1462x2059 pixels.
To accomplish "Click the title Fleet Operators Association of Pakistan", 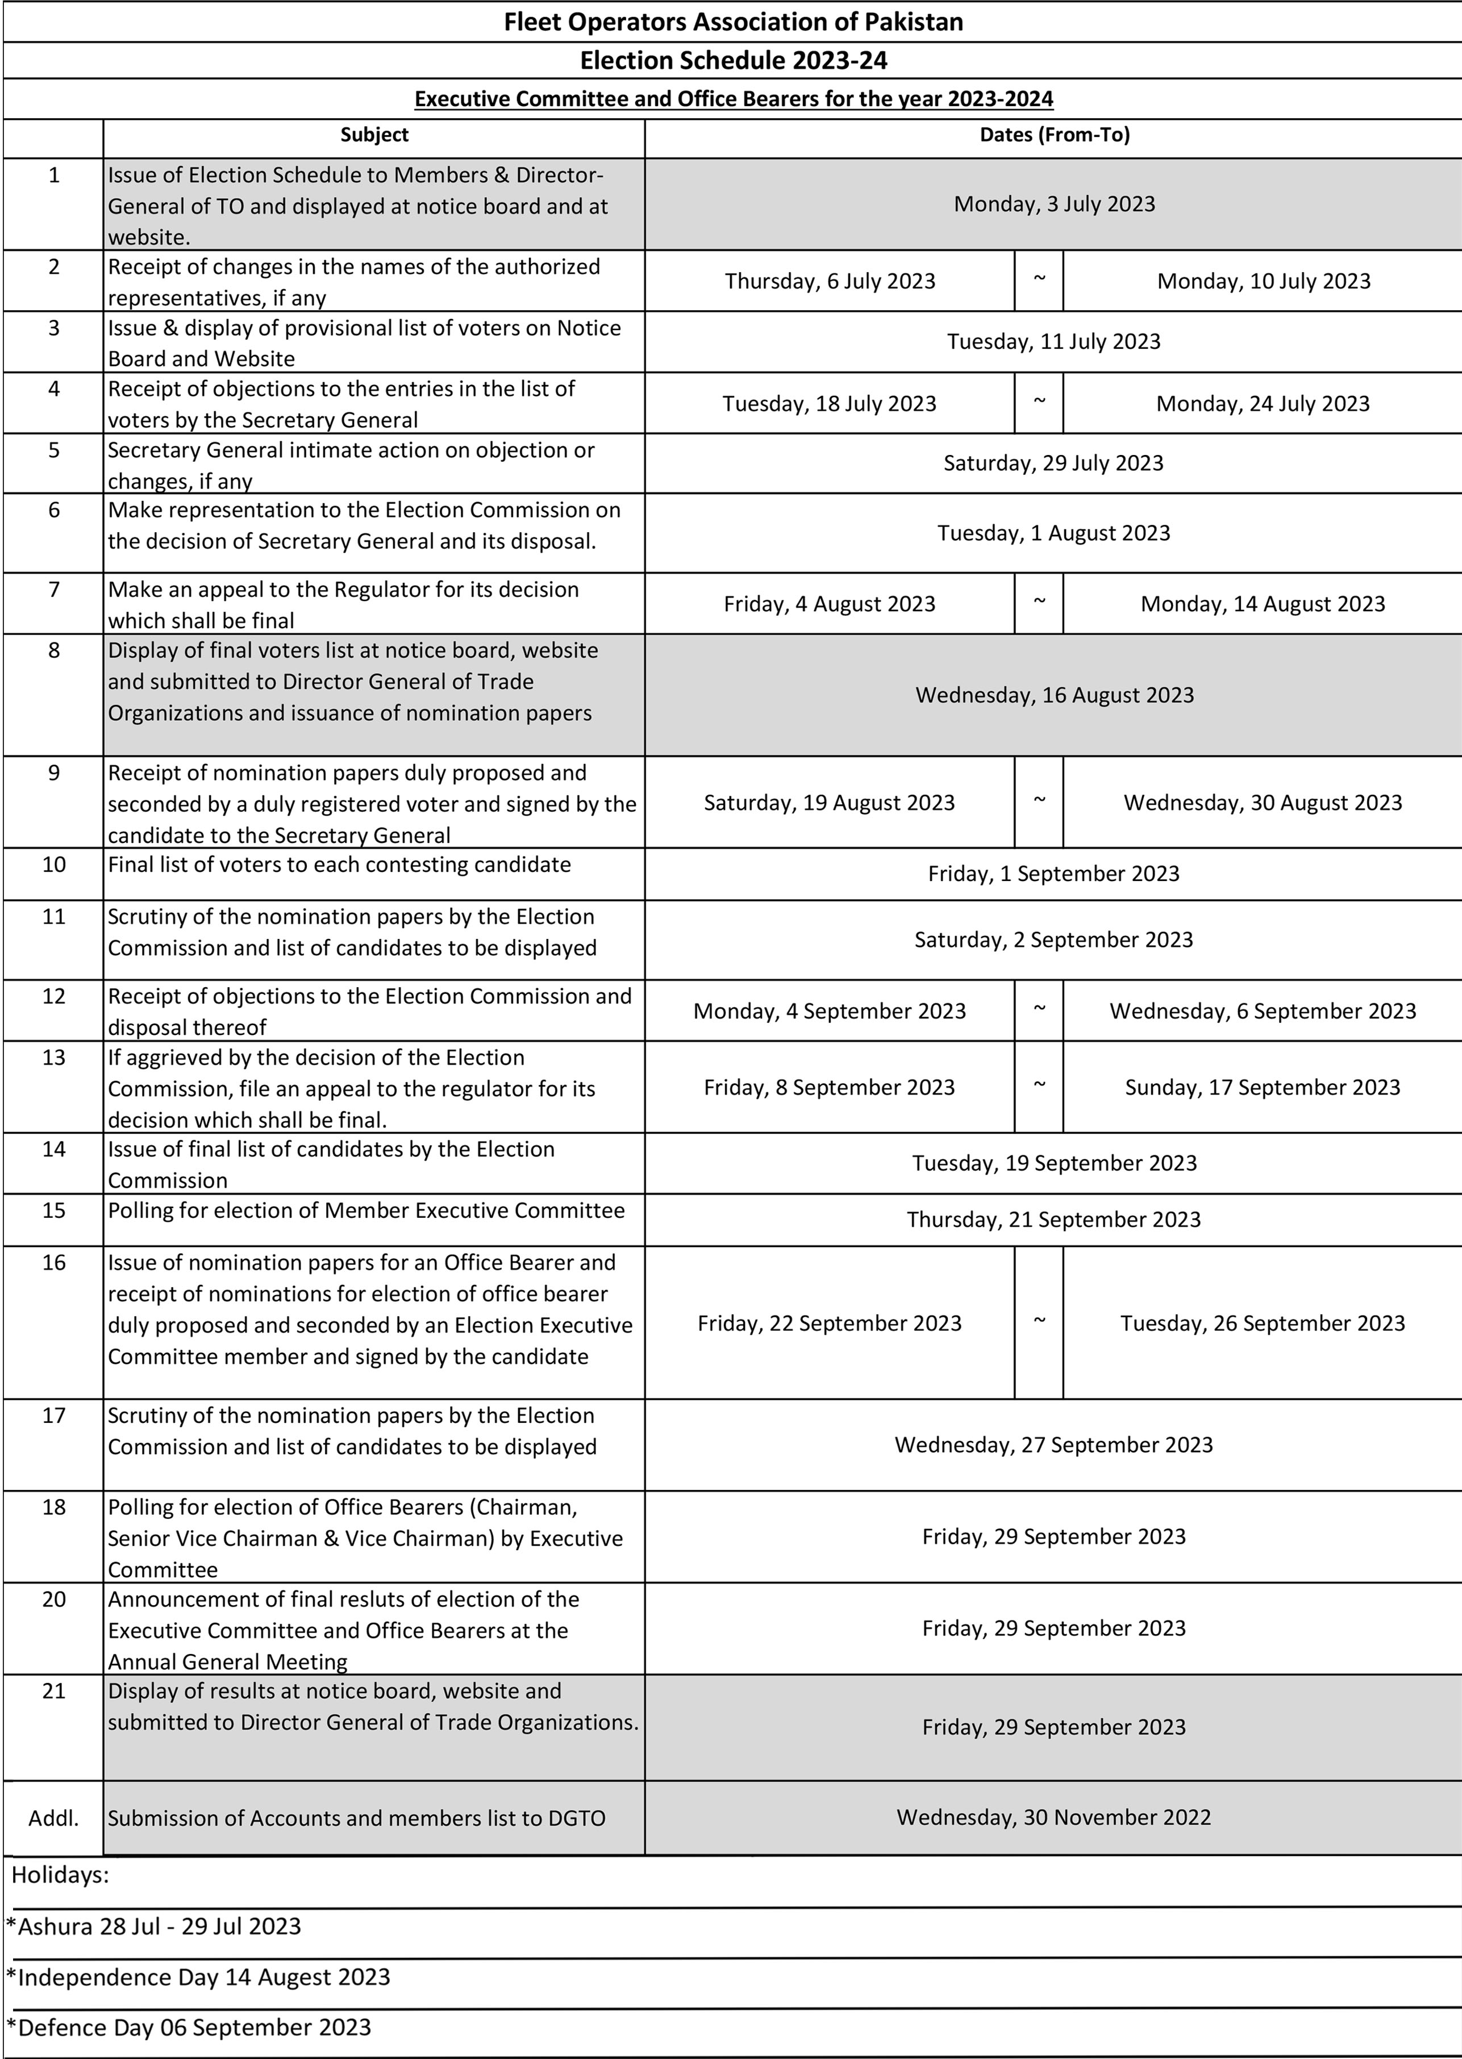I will (x=733, y=23).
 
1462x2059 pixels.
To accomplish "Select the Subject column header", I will (x=374, y=135).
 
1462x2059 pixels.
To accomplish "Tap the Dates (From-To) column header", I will (x=1054, y=135).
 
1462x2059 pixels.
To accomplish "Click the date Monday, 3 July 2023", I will (x=1054, y=204).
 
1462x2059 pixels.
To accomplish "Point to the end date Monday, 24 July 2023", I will (x=1262, y=404).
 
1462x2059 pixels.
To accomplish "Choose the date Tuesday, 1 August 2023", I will (x=1053, y=533).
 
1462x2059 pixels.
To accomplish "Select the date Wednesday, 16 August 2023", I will (x=1054, y=695).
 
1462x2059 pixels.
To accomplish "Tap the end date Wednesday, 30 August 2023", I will (x=1262, y=803).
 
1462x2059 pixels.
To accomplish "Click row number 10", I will (x=54, y=865).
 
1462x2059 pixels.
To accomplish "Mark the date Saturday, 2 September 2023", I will (x=1053, y=939).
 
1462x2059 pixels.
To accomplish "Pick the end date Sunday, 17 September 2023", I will (x=1262, y=1087).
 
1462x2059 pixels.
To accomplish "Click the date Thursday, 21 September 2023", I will (x=1053, y=1219).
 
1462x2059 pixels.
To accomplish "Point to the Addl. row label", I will (x=54, y=1818).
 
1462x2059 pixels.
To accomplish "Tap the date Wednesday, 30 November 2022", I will (x=1053, y=1817).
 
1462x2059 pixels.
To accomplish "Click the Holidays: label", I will (x=60, y=1876).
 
